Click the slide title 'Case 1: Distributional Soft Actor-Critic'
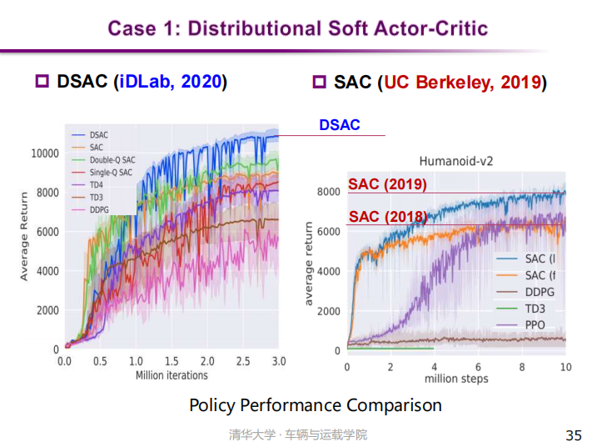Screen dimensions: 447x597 tap(298, 28)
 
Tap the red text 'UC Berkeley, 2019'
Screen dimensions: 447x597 tap(462, 83)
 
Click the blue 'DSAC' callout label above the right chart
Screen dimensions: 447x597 tap(340, 125)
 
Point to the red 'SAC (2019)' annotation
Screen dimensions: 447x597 tap(387, 184)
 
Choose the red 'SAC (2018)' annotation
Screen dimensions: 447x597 tap(387, 217)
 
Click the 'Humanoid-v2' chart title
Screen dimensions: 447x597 tap(456, 161)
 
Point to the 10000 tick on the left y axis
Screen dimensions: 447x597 tap(45, 153)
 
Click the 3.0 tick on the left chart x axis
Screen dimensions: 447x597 tap(279, 362)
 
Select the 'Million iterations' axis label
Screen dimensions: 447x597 tap(172, 375)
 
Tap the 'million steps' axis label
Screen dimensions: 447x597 tap(456, 379)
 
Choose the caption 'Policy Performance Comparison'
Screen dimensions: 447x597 tap(316, 406)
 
